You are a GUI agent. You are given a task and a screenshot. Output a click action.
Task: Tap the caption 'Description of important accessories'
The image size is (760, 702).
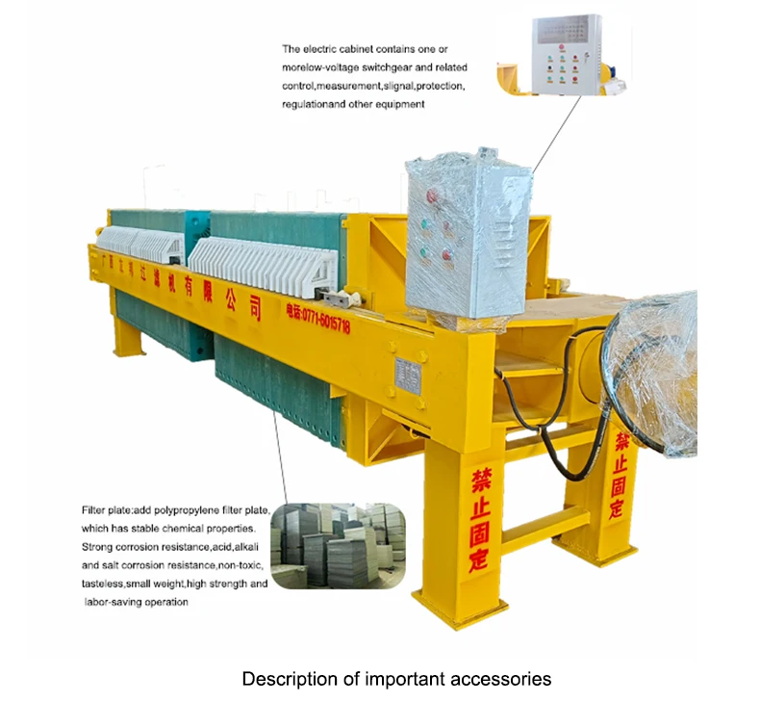(x=396, y=679)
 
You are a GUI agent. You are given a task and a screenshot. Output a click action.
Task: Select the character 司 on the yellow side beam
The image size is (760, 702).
(x=254, y=307)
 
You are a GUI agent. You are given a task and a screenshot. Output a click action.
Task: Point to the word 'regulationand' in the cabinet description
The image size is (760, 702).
(x=311, y=104)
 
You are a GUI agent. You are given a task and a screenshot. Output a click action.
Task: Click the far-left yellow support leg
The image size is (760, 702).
(x=126, y=337)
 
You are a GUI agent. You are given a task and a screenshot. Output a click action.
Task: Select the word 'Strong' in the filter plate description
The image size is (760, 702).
(x=97, y=547)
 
